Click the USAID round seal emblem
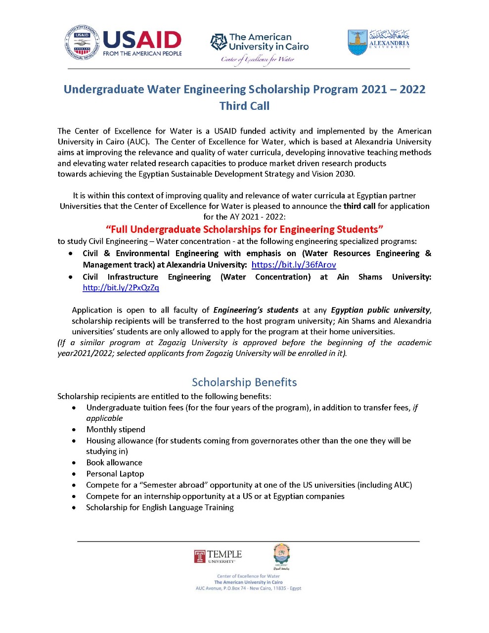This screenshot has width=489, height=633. tap(82, 43)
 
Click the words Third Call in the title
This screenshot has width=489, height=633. tap(244, 106)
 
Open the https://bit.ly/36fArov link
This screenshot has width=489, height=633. tap(294, 265)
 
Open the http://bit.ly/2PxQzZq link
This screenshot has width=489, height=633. tap(121, 287)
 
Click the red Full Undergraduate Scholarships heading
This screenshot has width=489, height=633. tap(244, 229)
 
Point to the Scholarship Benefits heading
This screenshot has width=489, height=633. tap(244, 382)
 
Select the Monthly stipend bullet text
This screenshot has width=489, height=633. tap(116, 429)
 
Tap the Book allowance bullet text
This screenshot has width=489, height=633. tap(114, 462)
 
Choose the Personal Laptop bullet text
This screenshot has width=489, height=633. tap(115, 474)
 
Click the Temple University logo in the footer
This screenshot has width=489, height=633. tap(218, 556)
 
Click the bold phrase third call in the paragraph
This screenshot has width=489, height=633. tap(359, 206)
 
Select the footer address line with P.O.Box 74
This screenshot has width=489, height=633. tap(248, 588)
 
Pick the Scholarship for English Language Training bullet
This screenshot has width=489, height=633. tap(160, 507)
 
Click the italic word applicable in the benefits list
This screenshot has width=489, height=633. tap(104, 418)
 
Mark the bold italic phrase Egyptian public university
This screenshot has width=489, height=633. tap(380, 310)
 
